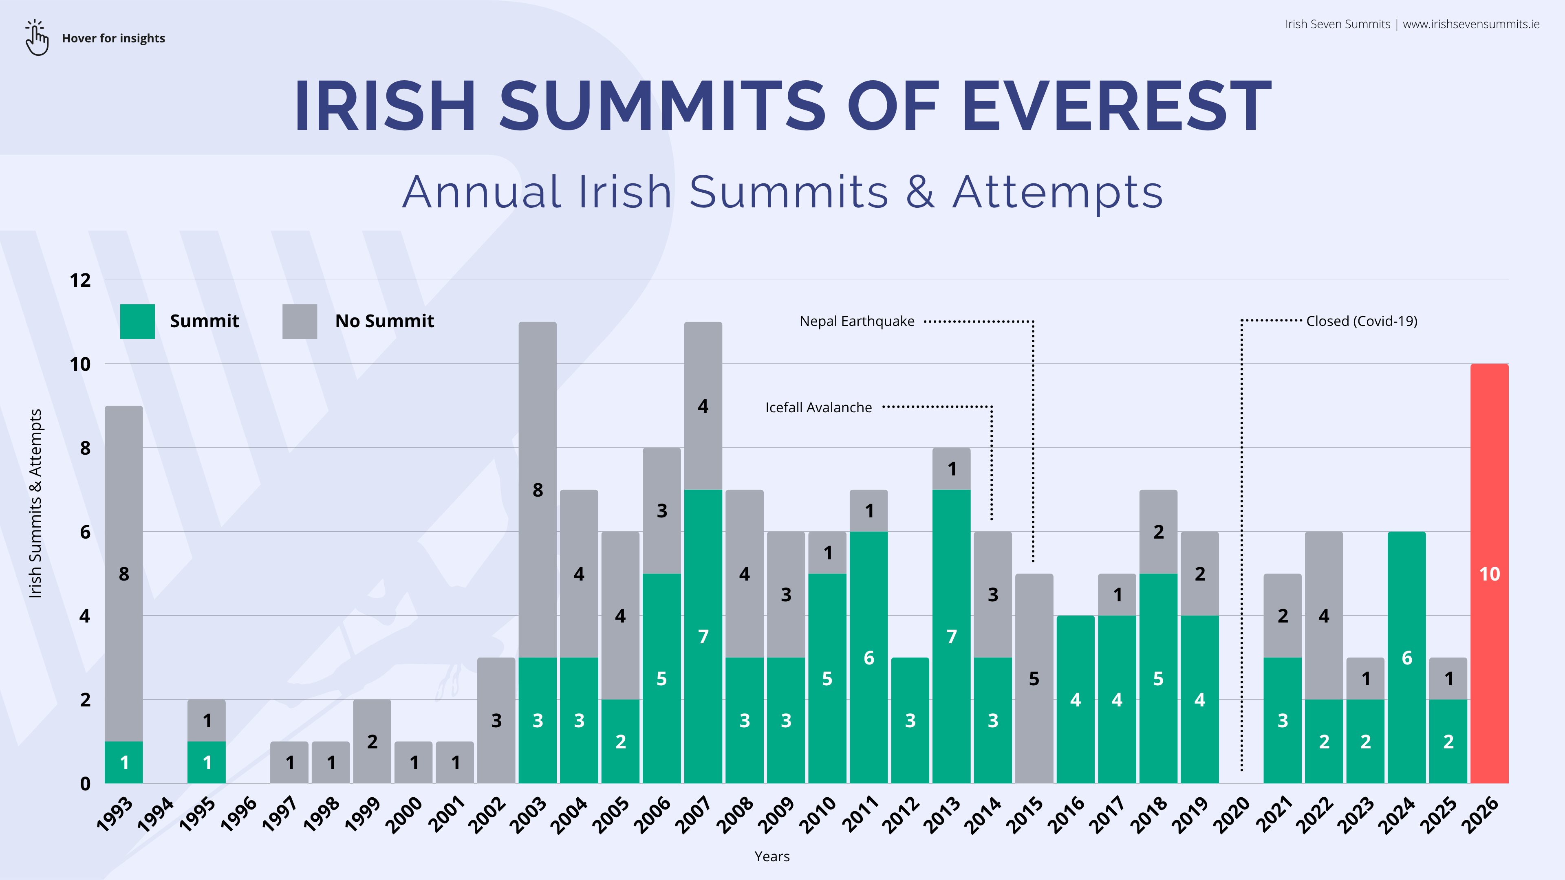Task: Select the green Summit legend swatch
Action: coord(137,321)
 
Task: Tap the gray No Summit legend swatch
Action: coord(300,321)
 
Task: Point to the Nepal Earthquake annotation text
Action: coord(857,321)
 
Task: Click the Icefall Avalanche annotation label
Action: coord(818,407)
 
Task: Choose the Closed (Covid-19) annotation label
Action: coord(1362,321)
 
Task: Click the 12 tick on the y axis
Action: coord(80,281)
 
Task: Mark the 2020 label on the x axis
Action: coord(1232,814)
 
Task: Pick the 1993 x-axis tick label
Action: coord(115,814)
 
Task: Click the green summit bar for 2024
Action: coord(1406,657)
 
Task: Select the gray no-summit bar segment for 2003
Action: coord(538,489)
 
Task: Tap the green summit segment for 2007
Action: coord(703,636)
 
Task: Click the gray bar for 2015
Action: coord(1034,678)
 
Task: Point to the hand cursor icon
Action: coord(36,37)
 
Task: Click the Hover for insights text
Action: coord(114,38)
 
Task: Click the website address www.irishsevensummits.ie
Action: coord(1471,24)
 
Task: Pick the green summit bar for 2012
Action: coord(910,720)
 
